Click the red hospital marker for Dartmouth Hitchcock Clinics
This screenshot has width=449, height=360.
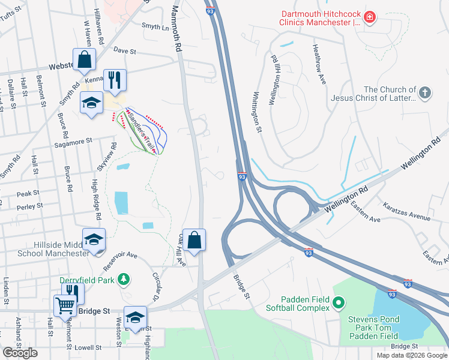[370, 16]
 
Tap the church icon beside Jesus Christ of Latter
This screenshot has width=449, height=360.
[424, 93]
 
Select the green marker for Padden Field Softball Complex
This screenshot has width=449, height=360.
[338, 303]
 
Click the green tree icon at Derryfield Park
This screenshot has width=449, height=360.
[123, 280]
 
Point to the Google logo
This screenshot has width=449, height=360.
[20, 353]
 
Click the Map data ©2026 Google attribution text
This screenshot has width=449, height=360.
[412, 355]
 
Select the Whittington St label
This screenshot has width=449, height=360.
[258, 112]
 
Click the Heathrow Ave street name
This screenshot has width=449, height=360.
[318, 64]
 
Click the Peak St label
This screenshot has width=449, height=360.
[28, 193]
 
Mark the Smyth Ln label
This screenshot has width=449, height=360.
[155, 26]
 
